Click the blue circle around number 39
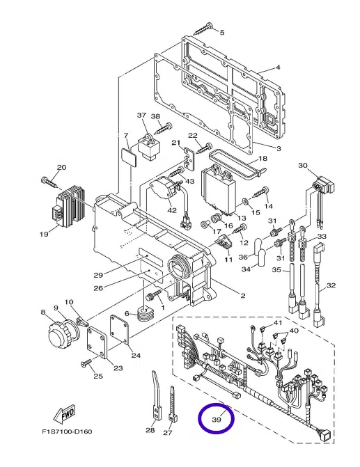199,418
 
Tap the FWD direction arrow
64,413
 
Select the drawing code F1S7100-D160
67,432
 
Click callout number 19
44,234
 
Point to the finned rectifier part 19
70,203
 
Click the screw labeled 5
203,29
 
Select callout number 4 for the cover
278,68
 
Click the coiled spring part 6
146,315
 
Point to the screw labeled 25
86,363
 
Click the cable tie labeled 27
172,404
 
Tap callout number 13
242,219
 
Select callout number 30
302,166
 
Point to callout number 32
331,285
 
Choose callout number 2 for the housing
243,296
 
